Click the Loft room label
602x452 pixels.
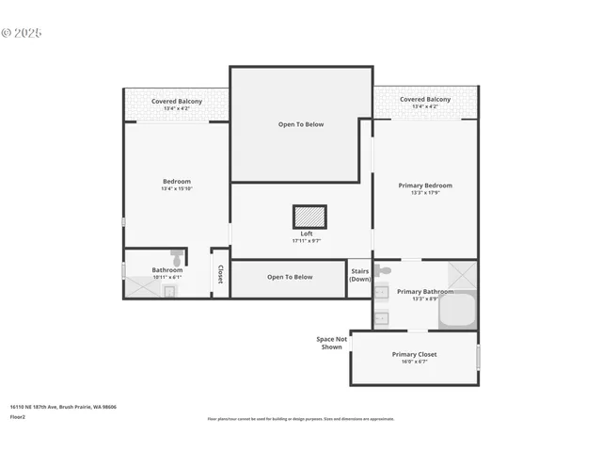[x=307, y=234]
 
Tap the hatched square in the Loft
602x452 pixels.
[x=309, y=217]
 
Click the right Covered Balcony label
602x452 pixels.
[x=424, y=99]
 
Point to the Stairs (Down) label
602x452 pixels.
[x=359, y=275]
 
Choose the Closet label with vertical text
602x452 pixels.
[x=220, y=274]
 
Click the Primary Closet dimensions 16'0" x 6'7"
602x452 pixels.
[x=414, y=362]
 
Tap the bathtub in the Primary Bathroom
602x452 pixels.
[x=458, y=310]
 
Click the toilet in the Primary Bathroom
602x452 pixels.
[x=382, y=271]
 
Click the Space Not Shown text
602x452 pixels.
[x=330, y=343]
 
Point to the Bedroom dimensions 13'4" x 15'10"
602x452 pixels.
[x=176, y=189]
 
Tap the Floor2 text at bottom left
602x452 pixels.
[x=18, y=416]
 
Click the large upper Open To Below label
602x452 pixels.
[x=300, y=124]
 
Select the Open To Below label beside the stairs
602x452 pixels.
[x=289, y=277]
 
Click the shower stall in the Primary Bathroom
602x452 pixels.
[x=462, y=275]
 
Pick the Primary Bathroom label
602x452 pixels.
[x=424, y=292]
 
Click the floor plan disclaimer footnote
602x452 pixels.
[x=301, y=419]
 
